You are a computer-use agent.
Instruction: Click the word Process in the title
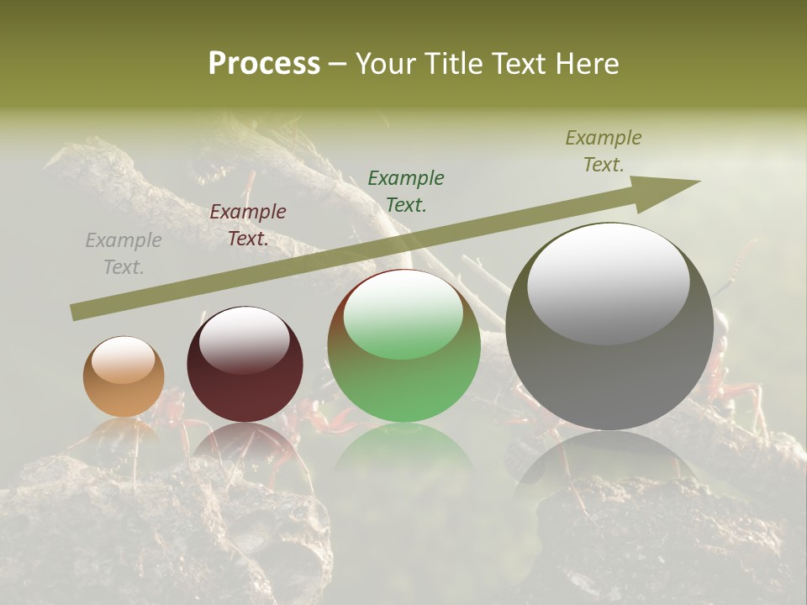tap(264, 64)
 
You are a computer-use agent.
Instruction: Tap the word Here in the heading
tap(586, 64)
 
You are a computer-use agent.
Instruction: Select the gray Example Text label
tap(124, 254)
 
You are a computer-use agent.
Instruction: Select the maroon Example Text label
tap(248, 225)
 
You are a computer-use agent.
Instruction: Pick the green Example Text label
tap(406, 192)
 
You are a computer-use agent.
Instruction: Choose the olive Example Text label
tap(603, 151)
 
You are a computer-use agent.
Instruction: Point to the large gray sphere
tap(609, 370)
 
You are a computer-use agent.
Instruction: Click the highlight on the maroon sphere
tap(244, 339)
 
